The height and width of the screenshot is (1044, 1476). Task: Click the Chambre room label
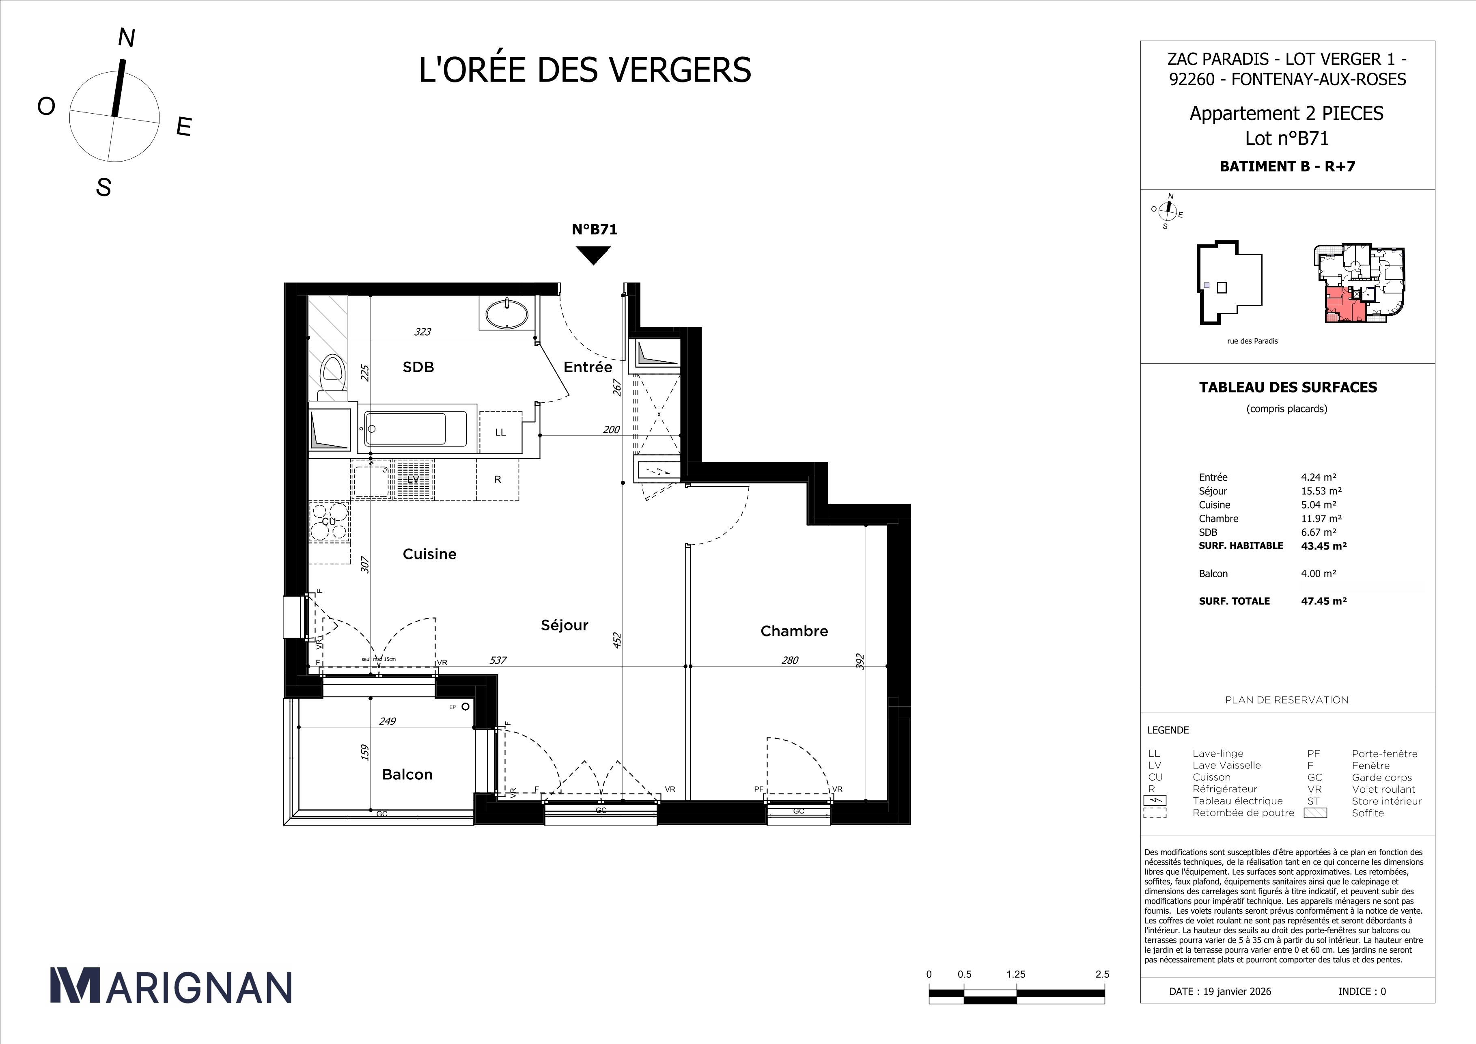(x=794, y=631)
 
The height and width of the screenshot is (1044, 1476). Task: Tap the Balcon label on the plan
(x=407, y=774)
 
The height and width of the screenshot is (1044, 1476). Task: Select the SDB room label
(x=418, y=367)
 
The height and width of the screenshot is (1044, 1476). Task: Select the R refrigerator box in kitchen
(x=498, y=479)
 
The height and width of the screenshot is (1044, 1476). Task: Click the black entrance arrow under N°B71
(x=593, y=255)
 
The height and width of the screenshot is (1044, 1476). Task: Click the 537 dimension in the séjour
(x=498, y=660)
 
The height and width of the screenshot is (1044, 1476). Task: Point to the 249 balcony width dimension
(x=387, y=721)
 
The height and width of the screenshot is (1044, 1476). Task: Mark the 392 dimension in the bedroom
(x=860, y=662)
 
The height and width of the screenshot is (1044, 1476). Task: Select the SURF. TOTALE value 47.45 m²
(x=1324, y=601)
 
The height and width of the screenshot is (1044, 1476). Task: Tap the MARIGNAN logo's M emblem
(x=75, y=986)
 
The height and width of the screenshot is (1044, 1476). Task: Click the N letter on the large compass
(x=127, y=39)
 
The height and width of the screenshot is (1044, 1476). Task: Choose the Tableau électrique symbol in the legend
(x=1155, y=801)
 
